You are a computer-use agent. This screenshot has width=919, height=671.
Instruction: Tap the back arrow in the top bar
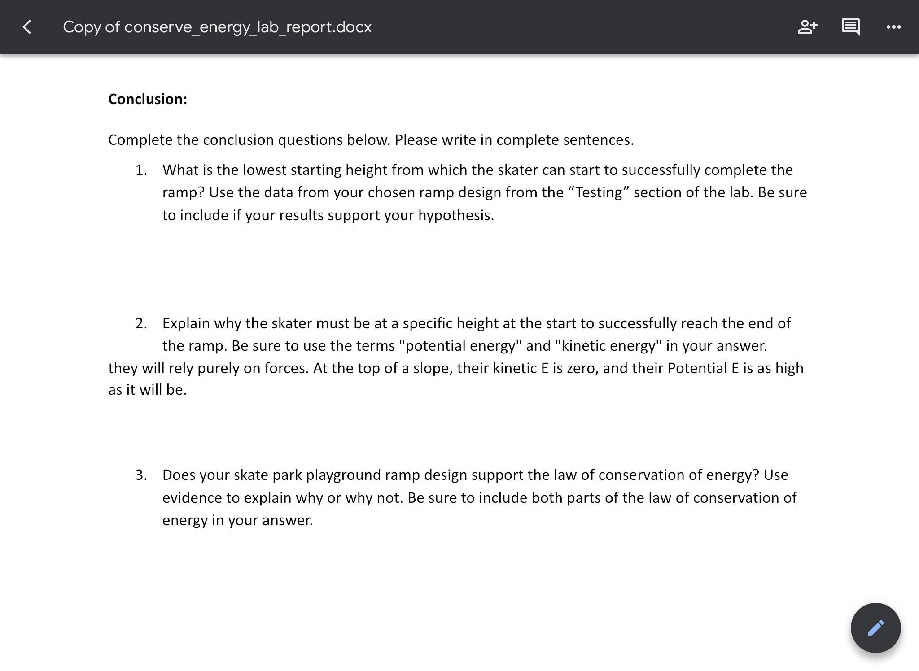(x=27, y=27)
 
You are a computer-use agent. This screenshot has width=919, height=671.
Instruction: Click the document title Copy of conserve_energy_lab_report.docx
(x=217, y=27)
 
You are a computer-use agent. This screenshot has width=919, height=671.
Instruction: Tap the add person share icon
(x=807, y=27)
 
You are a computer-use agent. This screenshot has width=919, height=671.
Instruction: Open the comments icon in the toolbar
(x=850, y=27)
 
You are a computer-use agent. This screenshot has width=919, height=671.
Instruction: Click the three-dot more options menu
(x=893, y=27)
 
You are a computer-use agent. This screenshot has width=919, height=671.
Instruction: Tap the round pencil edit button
(x=875, y=627)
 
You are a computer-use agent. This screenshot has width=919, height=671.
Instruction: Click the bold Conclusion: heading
(x=148, y=99)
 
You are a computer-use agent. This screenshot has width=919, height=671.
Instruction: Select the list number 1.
(x=141, y=170)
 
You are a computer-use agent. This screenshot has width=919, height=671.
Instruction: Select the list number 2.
(x=141, y=323)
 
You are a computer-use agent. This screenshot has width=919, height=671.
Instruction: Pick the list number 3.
(x=141, y=475)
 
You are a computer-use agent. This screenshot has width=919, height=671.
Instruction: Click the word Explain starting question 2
(x=186, y=323)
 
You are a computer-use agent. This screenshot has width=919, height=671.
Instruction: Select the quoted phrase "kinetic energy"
(x=608, y=346)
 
